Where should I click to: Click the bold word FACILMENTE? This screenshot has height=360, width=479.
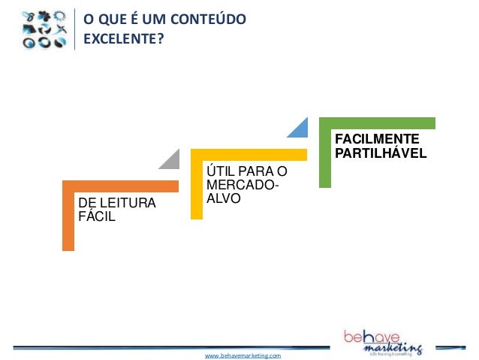(377, 140)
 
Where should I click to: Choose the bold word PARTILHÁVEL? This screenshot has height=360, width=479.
(381, 153)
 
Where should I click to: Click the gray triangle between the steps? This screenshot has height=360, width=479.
(170, 159)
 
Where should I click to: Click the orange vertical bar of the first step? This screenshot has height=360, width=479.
(68, 218)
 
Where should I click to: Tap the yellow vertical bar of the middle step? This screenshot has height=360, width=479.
(197, 188)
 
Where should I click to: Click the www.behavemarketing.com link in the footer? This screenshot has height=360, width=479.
(243, 354)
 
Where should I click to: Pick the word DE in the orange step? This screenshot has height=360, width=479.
(86, 204)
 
